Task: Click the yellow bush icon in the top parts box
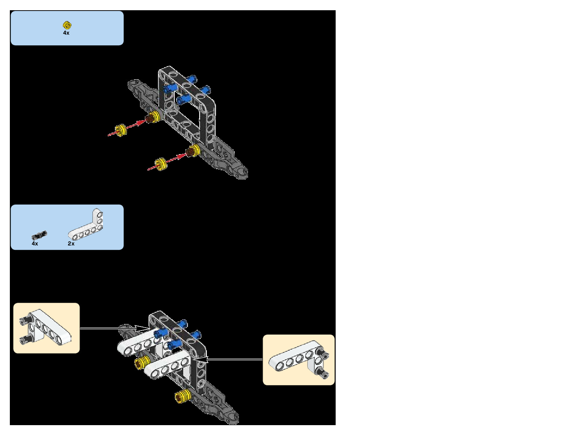[67, 25]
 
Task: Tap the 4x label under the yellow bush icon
[66, 33]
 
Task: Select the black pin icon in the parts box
[39, 235]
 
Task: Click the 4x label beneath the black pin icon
[35, 244]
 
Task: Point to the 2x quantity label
[71, 244]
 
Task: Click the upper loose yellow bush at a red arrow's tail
[120, 130]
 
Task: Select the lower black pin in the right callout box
[323, 373]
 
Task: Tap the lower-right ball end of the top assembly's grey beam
[243, 172]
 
